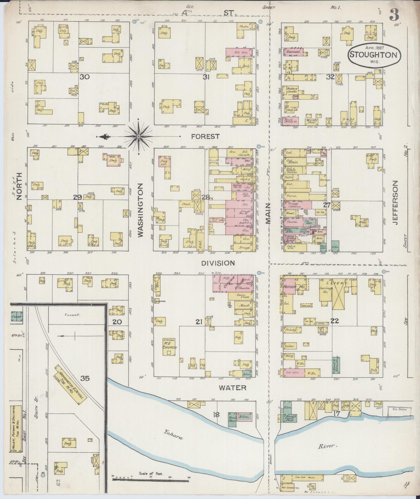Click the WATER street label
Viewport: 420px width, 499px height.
click(x=233, y=387)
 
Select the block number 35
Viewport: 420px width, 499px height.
click(x=85, y=378)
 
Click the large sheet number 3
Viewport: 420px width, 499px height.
click(x=394, y=15)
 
